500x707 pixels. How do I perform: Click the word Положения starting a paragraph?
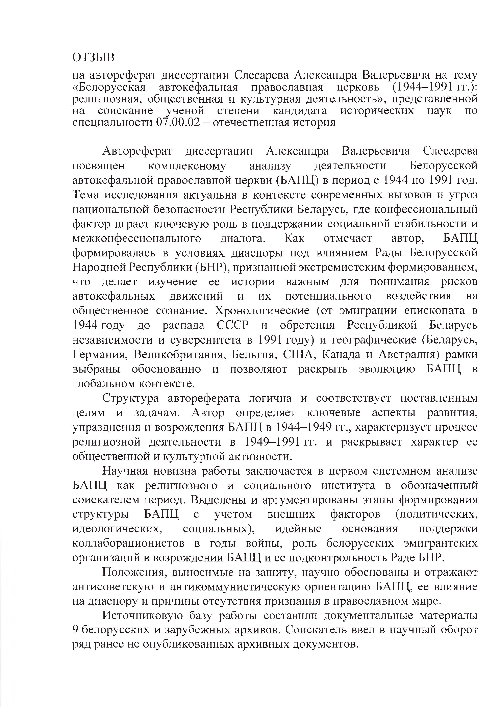(134, 572)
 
